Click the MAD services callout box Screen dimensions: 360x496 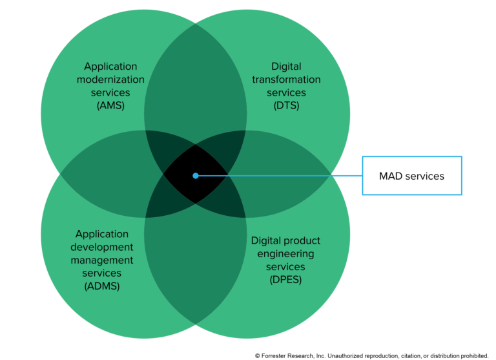point(412,175)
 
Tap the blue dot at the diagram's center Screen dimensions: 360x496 point(195,175)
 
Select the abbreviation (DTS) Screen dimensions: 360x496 point(286,105)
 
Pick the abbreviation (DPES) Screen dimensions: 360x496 point(285,279)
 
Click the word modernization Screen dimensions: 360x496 point(111,79)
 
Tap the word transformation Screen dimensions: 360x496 point(286,79)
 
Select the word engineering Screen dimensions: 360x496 point(285,253)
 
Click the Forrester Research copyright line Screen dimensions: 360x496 point(372,355)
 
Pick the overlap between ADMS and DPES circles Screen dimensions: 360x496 point(195,265)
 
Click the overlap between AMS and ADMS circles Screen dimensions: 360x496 point(103,175)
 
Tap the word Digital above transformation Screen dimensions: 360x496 point(286,67)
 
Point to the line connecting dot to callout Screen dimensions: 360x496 point(278,175)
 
